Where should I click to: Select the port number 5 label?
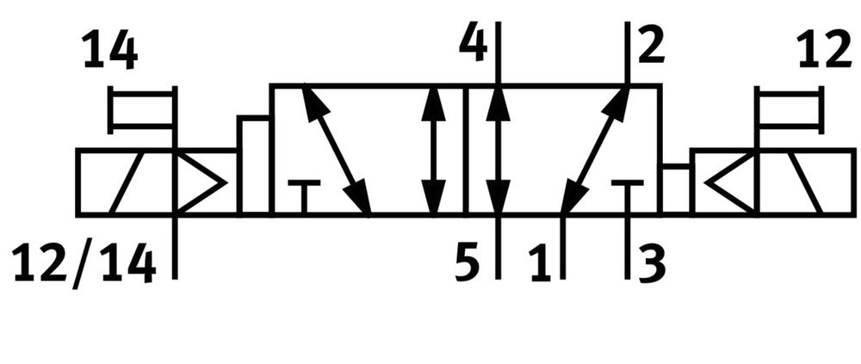(468, 266)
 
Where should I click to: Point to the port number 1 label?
(542, 266)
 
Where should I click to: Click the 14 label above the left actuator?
(110, 51)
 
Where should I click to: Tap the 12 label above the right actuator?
(824, 51)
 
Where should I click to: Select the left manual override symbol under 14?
(143, 110)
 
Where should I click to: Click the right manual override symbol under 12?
(789, 110)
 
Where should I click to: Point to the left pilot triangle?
(200, 182)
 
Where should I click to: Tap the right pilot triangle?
(731, 182)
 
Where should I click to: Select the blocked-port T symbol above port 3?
(627, 196)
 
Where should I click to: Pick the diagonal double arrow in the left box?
(336, 150)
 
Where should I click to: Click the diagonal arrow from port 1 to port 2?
(595, 150)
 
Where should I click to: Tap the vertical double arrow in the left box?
(434, 150)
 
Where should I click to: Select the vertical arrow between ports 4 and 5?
(498, 150)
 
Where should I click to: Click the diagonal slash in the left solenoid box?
(127, 182)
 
